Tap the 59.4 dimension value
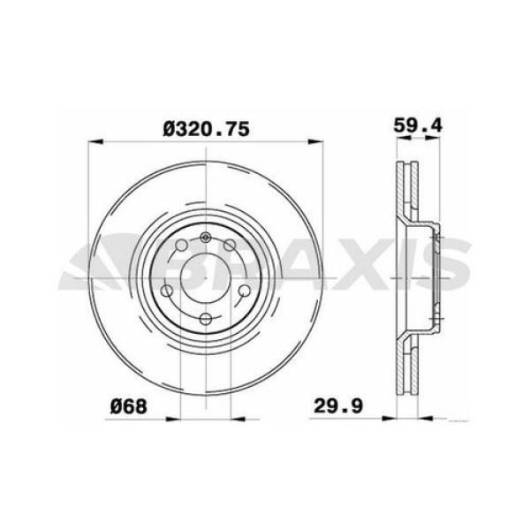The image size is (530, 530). click(x=417, y=127)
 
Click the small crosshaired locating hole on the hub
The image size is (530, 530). click(x=205, y=237)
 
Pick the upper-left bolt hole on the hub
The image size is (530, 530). click(x=181, y=246)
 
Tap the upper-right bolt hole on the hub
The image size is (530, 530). click(x=229, y=246)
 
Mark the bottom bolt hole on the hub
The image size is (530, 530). click(x=205, y=319)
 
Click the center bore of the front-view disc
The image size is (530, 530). click(x=205, y=277)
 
